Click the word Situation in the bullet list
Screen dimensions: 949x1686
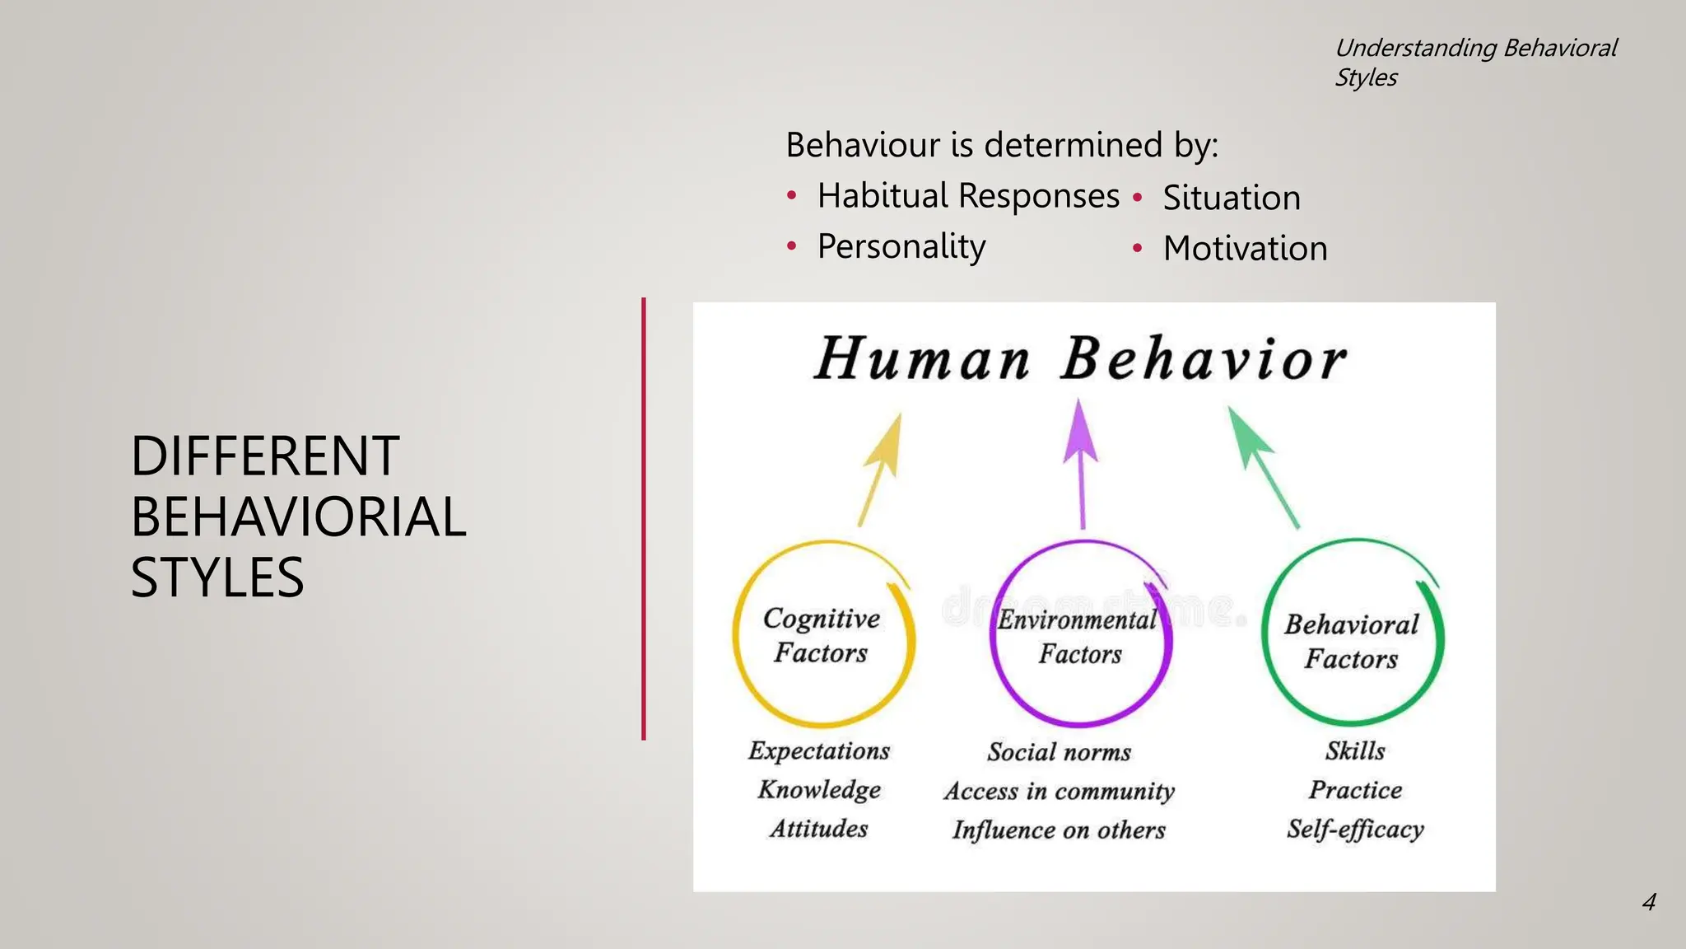1231,199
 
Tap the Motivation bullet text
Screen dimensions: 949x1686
1245,249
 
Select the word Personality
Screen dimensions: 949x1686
901,246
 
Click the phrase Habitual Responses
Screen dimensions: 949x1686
968,196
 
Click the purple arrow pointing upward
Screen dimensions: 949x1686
1081,461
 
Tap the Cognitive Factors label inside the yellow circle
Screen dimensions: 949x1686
822,635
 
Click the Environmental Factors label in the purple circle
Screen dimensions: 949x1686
1078,637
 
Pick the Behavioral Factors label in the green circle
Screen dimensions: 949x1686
1352,641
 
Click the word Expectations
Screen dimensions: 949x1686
819,750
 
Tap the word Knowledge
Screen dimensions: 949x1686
819,789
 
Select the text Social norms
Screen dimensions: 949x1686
1059,752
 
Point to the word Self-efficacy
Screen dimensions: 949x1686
1355,829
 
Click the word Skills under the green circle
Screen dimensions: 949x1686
1355,750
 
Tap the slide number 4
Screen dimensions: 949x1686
1648,902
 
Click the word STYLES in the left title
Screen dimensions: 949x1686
217,577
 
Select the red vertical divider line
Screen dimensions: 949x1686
644,519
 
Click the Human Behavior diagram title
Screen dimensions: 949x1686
1080,360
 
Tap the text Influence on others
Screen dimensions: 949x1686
1059,830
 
